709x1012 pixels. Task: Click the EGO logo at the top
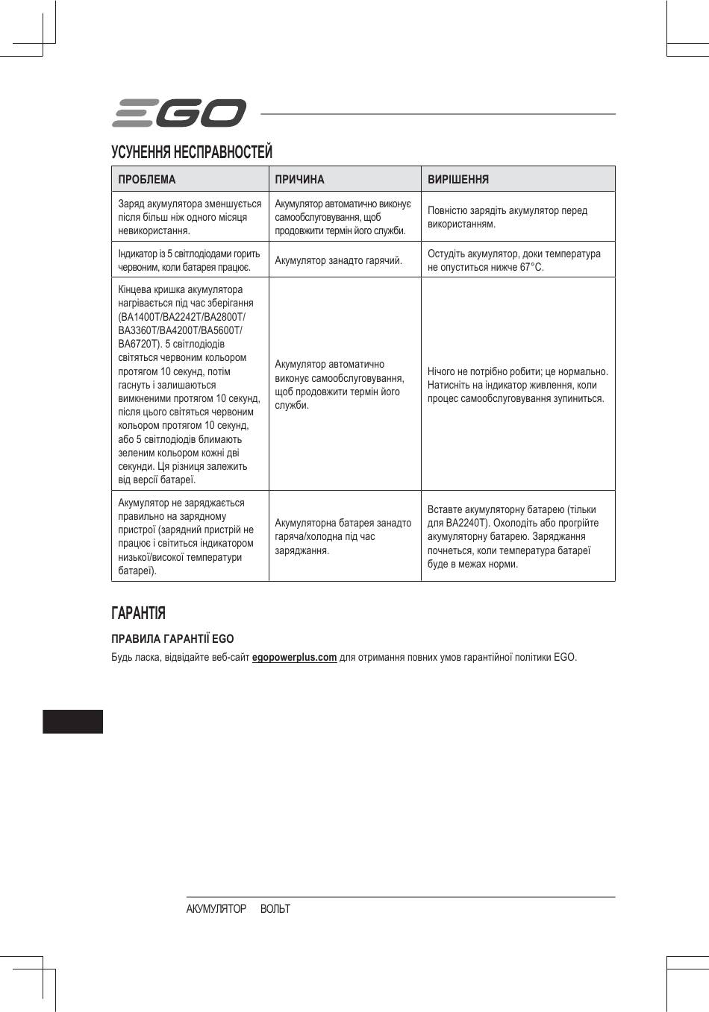[178, 113]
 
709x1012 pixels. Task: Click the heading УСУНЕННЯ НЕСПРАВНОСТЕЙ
[192, 152]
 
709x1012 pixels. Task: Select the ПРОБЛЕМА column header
[147, 180]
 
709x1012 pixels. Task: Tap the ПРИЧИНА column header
[299, 180]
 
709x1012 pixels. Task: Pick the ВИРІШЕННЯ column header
[458, 180]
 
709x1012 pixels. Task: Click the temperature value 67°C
[531, 267]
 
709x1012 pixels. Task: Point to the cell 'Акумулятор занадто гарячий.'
[338, 260]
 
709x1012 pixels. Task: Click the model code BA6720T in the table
[137, 345]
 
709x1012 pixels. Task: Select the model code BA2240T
[467, 523]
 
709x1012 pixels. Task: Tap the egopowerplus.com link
[294, 658]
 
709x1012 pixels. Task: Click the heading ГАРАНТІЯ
[138, 613]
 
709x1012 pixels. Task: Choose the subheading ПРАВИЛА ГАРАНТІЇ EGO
[172, 639]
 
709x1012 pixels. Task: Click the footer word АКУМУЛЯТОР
[216, 909]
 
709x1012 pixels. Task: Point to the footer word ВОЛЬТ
[275, 909]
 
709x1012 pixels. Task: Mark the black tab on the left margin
[72, 722]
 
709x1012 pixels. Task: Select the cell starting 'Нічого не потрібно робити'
[517, 385]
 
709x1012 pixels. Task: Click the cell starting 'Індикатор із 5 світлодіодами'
[189, 260]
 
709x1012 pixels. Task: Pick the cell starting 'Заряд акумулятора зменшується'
[190, 217]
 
